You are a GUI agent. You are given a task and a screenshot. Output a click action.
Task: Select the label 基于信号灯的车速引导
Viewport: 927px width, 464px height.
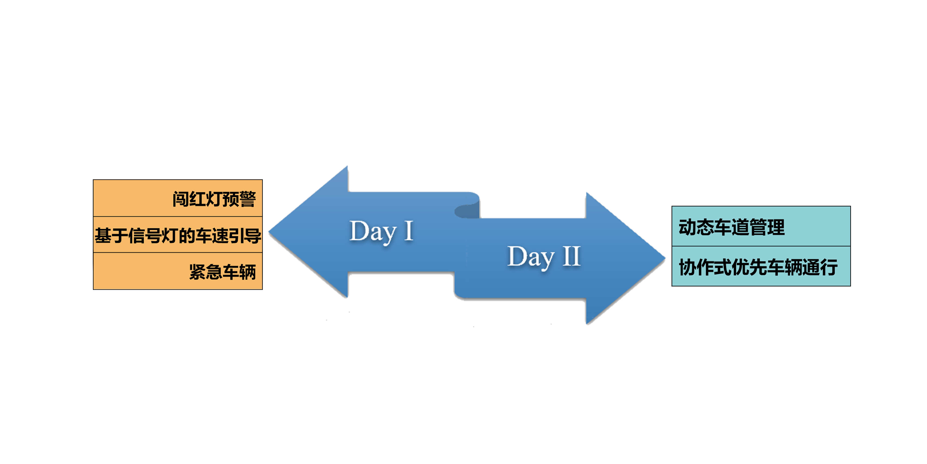coord(178,236)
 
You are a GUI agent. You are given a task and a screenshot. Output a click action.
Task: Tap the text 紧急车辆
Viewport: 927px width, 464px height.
coord(222,272)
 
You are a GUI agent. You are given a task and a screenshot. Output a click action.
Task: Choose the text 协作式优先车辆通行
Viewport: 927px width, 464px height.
coord(758,267)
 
